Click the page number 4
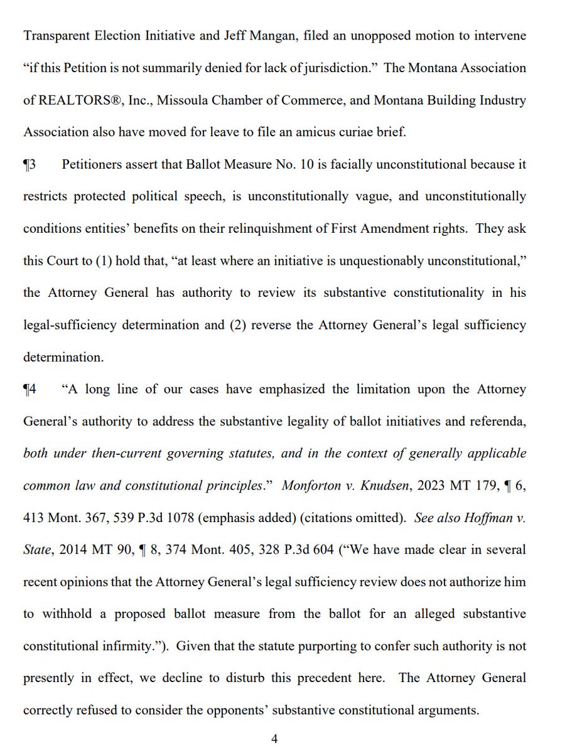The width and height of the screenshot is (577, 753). point(274,739)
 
